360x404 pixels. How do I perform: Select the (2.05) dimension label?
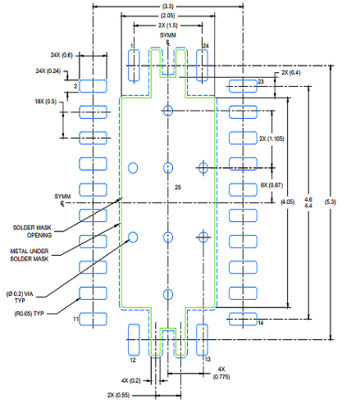(x=167, y=16)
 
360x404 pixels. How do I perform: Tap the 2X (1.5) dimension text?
(x=168, y=26)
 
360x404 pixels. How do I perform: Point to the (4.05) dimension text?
(x=288, y=202)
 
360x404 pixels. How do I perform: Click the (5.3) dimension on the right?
(x=330, y=202)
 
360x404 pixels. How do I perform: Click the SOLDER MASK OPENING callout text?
(x=33, y=232)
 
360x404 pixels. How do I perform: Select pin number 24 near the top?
(x=206, y=45)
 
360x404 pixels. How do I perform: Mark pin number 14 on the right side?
(x=261, y=324)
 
